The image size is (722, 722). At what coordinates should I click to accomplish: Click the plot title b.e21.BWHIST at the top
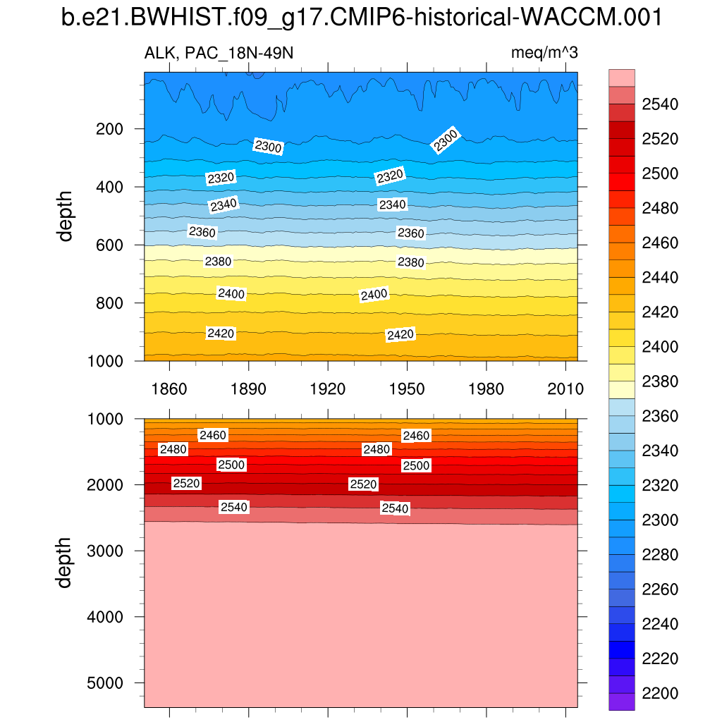click(x=361, y=18)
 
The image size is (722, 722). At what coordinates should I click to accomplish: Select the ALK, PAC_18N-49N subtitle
click(x=219, y=54)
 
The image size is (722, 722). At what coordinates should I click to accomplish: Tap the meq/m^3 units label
click(x=544, y=54)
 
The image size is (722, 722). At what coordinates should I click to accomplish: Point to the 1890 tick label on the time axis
click(x=248, y=389)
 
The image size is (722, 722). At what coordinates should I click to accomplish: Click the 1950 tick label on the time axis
click(x=407, y=389)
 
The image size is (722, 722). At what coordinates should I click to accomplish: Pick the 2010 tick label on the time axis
click(x=565, y=389)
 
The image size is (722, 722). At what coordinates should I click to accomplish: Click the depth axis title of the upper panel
click(x=66, y=215)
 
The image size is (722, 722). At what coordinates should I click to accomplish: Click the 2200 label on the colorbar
click(x=660, y=693)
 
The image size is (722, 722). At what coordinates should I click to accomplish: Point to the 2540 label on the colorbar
click(x=660, y=105)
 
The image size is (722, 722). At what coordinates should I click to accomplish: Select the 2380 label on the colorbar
click(x=660, y=381)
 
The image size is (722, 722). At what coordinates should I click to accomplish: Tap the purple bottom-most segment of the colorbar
click(x=621, y=702)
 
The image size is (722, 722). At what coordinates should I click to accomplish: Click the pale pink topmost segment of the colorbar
click(x=621, y=78)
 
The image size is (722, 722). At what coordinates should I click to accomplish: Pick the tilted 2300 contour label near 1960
click(x=446, y=140)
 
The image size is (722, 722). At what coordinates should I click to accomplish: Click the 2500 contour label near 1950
click(x=416, y=465)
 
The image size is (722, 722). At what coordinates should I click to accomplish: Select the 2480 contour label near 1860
click(x=173, y=449)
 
